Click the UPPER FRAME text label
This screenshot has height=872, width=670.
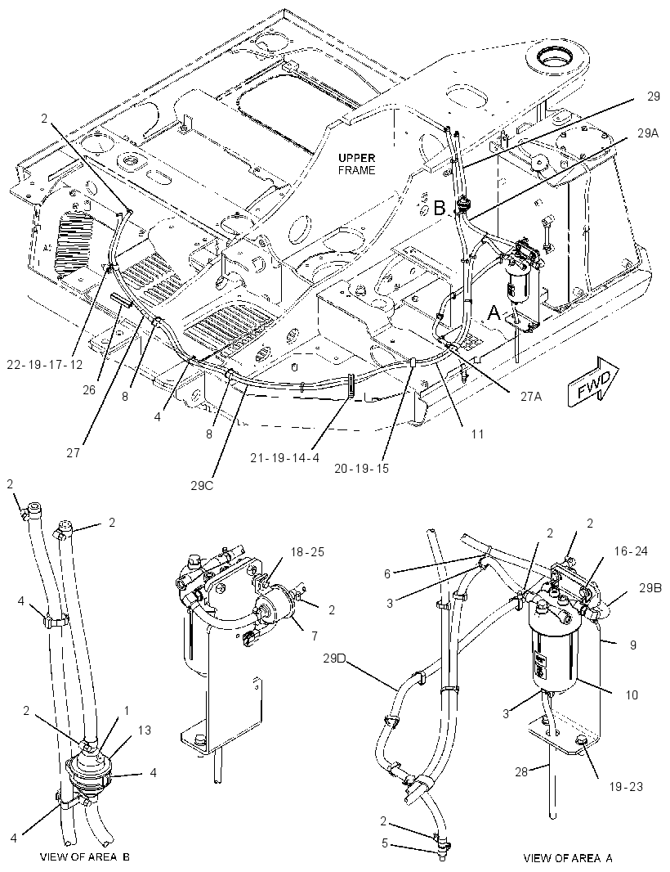pyautogui.click(x=357, y=164)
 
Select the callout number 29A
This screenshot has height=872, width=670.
pyautogui.click(x=647, y=133)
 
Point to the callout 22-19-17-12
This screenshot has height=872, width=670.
pyautogui.click(x=45, y=364)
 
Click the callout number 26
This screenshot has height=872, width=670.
pyautogui.click(x=89, y=390)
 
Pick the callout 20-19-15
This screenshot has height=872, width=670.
pyautogui.click(x=362, y=468)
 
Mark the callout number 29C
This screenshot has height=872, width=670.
pyautogui.click(x=201, y=485)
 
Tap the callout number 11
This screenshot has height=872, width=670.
pyautogui.click(x=478, y=434)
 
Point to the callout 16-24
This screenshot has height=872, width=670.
pyautogui.click(x=631, y=551)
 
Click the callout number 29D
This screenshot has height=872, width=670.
pyautogui.click(x=334, y=659)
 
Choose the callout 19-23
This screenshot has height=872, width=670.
pyautogui.click(x=626, y=786)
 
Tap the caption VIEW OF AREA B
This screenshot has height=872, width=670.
pyautogui.click(x=85, y=856)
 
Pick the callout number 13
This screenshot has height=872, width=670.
pyautogui.click(x=145, y=730)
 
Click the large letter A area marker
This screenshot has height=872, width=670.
pyautogui.click(x=494, y=314)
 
